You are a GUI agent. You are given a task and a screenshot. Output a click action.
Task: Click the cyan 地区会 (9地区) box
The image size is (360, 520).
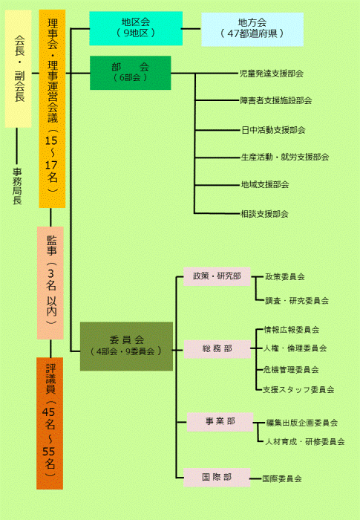(136, 28)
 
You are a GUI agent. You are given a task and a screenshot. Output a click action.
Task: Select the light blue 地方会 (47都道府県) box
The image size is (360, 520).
(252, 30)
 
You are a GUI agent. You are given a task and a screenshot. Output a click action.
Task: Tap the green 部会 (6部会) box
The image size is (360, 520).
(131, 73)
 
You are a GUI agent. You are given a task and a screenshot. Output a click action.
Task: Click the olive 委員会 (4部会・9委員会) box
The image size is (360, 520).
(126, 346)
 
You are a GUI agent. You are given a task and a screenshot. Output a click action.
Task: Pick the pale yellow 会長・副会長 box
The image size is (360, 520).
(19, 68)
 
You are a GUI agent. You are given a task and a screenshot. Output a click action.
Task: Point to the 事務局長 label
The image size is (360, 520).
(17, 186)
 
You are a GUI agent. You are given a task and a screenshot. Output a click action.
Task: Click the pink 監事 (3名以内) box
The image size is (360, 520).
(50, 283)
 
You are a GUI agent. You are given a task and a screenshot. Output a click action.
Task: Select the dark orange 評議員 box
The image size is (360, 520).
(50, 423)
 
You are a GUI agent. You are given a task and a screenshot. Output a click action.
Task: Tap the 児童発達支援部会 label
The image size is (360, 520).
(272, 74)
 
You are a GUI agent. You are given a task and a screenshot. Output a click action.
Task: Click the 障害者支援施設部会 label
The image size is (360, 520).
(276, 100)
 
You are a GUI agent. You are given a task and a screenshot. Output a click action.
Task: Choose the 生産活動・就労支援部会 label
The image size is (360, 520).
(285, 157)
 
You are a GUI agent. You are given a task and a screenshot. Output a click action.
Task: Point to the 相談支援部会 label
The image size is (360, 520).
(264, 214)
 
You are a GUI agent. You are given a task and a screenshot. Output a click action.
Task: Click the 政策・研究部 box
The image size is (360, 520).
(217, 276)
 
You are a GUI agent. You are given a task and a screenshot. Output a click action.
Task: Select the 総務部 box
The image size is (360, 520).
(217, 349)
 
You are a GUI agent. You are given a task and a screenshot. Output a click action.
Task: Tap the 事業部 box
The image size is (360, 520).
(220, 422)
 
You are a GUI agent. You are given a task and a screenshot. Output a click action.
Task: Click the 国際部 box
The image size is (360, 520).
(217, 478)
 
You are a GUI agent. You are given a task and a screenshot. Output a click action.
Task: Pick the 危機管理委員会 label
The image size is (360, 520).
(291, 369)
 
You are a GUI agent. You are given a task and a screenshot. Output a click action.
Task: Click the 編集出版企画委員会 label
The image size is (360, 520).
(302, 423)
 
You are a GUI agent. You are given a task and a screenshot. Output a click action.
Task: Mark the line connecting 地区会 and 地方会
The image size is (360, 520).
(192, 29)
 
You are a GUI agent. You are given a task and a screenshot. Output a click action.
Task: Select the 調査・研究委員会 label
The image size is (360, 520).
(297, 301)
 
